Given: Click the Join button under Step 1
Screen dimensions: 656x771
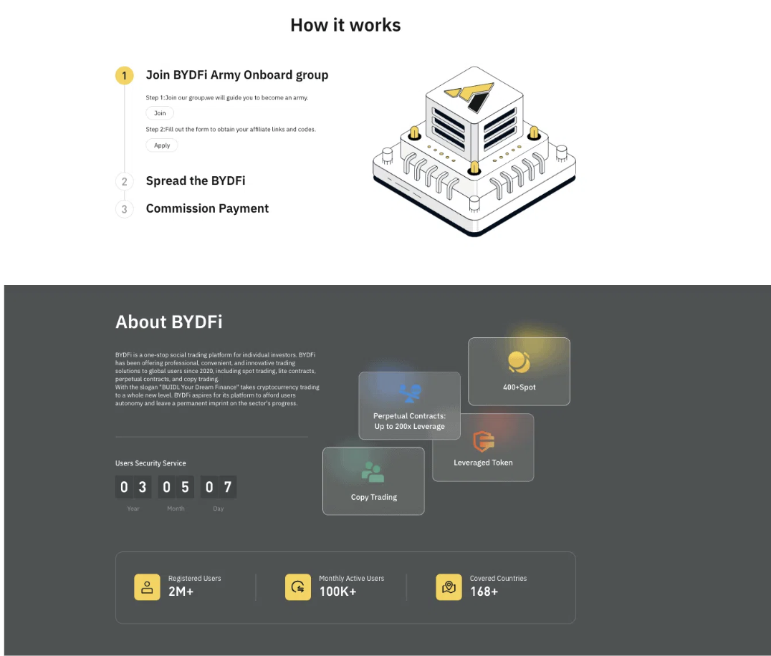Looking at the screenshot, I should (160, 113).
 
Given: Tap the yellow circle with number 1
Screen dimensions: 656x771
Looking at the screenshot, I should (124, 75).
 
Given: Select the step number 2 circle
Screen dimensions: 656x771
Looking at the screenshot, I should (124, 182).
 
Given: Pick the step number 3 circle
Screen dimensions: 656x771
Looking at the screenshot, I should (124, 209).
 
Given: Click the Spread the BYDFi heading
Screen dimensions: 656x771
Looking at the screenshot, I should (196, 181).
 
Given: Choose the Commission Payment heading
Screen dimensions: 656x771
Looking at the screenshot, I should (207, 208).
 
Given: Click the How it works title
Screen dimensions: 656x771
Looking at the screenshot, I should (345, 25).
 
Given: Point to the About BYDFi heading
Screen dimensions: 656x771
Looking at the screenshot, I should (169, 322).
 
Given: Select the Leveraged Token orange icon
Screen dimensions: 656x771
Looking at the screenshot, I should (484, 441).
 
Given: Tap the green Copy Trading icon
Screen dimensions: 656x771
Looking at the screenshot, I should (373, 472).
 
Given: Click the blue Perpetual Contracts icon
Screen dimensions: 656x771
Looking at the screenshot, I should (410, 392).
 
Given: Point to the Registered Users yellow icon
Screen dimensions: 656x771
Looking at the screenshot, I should (147, 587).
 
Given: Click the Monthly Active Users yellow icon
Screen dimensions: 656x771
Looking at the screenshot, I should (297, 587).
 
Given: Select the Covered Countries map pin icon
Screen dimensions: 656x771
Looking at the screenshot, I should (449, 587).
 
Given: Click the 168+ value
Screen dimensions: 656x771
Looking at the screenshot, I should (484, 592).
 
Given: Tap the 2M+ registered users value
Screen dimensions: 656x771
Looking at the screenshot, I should (181, 592).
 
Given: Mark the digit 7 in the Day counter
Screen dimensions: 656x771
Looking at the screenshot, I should (228, 488).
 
